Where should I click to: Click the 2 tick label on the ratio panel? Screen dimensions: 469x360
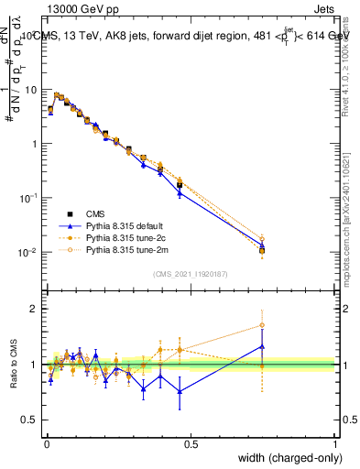(32, 310)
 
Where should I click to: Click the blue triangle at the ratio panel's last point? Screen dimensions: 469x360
(262, 346)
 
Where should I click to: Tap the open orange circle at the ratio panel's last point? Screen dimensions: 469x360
(262, 325)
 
